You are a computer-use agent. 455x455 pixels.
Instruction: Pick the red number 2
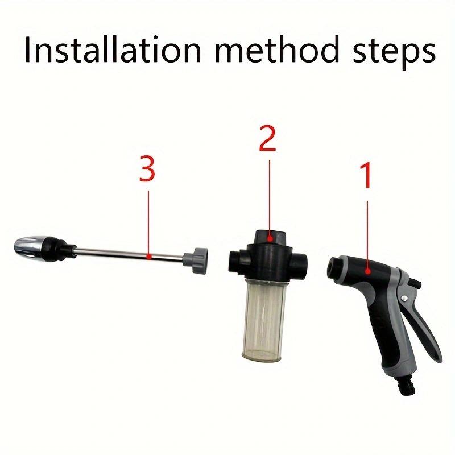267,139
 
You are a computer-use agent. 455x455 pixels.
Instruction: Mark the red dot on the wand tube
148,257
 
